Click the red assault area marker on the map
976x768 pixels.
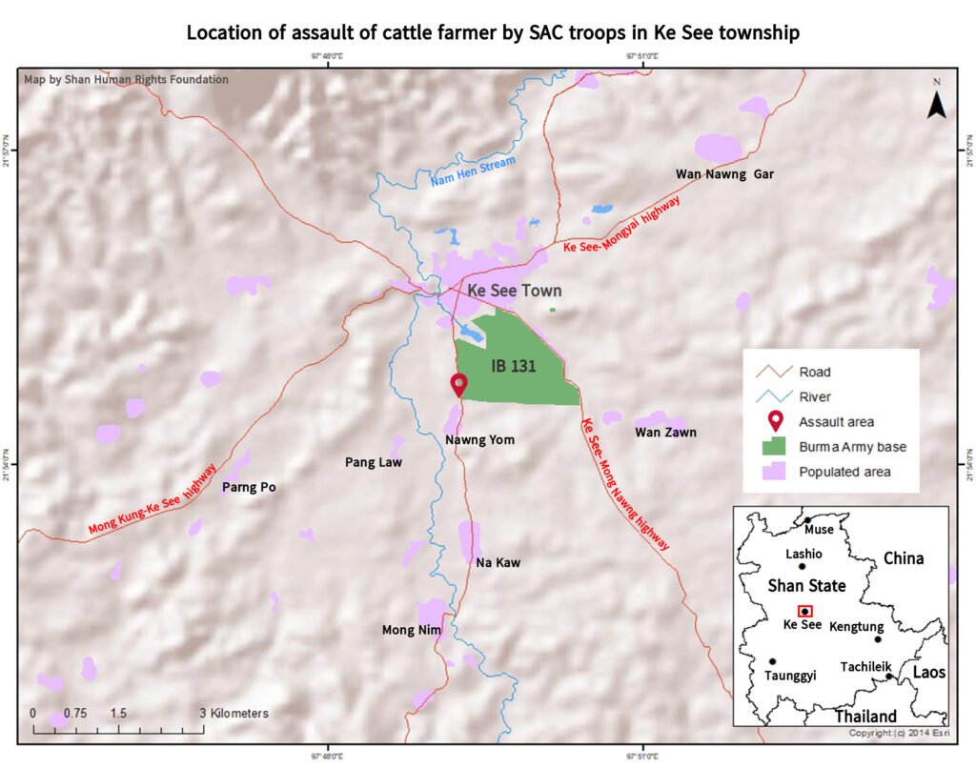(x=459, y=384)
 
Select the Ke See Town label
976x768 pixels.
(x=514, y=291)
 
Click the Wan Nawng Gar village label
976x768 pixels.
(x=724, y=174)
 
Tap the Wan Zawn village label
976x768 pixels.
(x=665, y=433)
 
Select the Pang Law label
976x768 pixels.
(x=373, y=463)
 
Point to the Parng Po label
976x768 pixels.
(x=248, y=488)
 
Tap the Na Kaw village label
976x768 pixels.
(x=498, y=563)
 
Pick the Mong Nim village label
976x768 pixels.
(x=412, y=630)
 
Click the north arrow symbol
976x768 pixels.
(x=936, y=103)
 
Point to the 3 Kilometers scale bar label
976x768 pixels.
(x=234, y=713)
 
